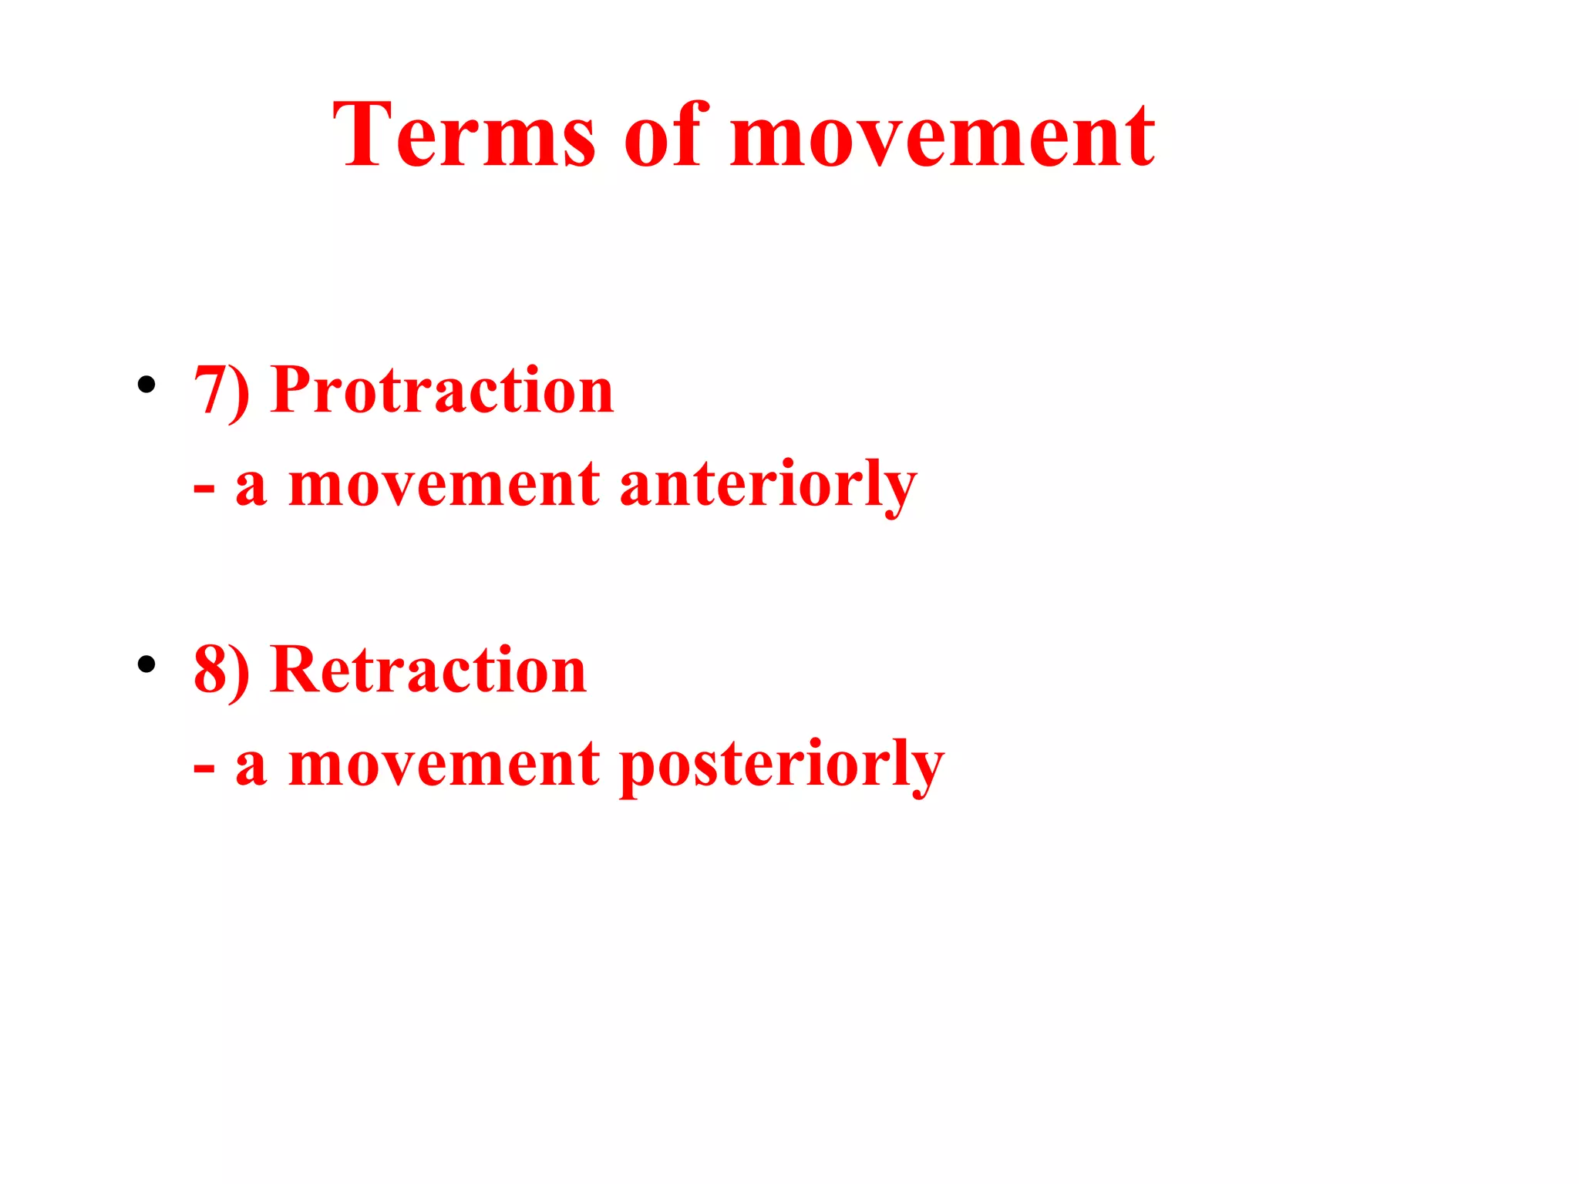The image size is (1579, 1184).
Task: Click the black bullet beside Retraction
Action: coord(146,664)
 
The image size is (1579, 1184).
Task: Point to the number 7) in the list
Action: coord(221,391)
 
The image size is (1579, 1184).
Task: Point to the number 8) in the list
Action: coord(221,671)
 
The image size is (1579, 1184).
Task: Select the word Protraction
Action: coord(443,391)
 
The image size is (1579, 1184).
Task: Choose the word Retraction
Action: coord(429,671)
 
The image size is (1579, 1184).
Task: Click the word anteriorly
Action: coord(768,486)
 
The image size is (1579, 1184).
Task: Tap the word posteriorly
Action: coord(782,765)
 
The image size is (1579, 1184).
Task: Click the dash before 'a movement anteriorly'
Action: coord(204,490)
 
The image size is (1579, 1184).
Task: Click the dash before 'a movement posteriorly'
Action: coord(204,769)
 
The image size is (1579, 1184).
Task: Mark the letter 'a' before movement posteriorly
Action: coord(251,769)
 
